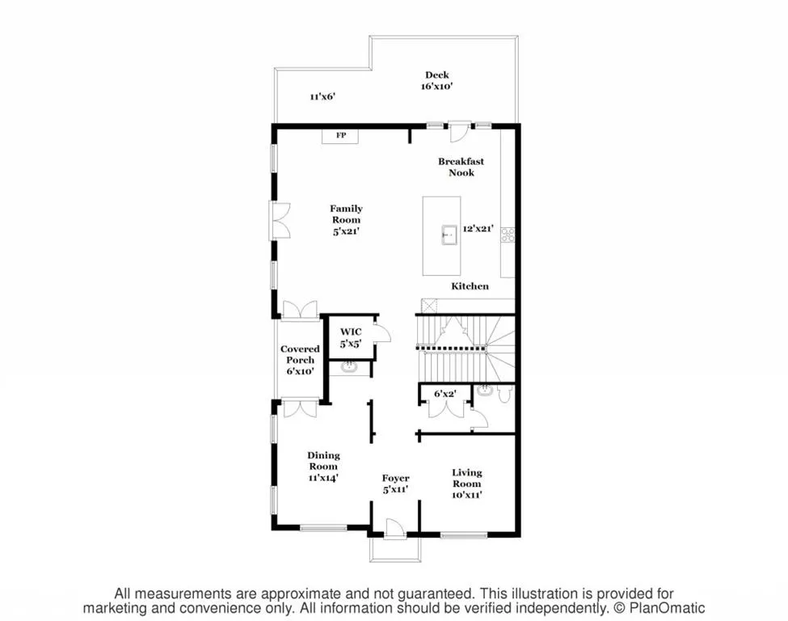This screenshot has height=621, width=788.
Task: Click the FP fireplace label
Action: click(341, 135)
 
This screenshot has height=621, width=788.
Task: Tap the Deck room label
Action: click(437, 75)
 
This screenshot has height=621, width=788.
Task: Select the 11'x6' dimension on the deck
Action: click(322, 96)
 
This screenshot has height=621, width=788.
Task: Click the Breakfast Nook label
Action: click(461, 167)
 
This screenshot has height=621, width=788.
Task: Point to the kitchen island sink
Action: click(447, 236)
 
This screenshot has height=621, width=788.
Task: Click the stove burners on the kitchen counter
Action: click(508, 234)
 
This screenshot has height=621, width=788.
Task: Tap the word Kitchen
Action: click(470, 286)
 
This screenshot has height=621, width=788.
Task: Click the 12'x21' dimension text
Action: click(479, 229)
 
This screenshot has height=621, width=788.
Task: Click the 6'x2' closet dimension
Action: click(445, 394)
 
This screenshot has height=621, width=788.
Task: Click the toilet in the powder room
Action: click(502, 393)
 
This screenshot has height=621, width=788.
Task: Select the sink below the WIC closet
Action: click(350, 368)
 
